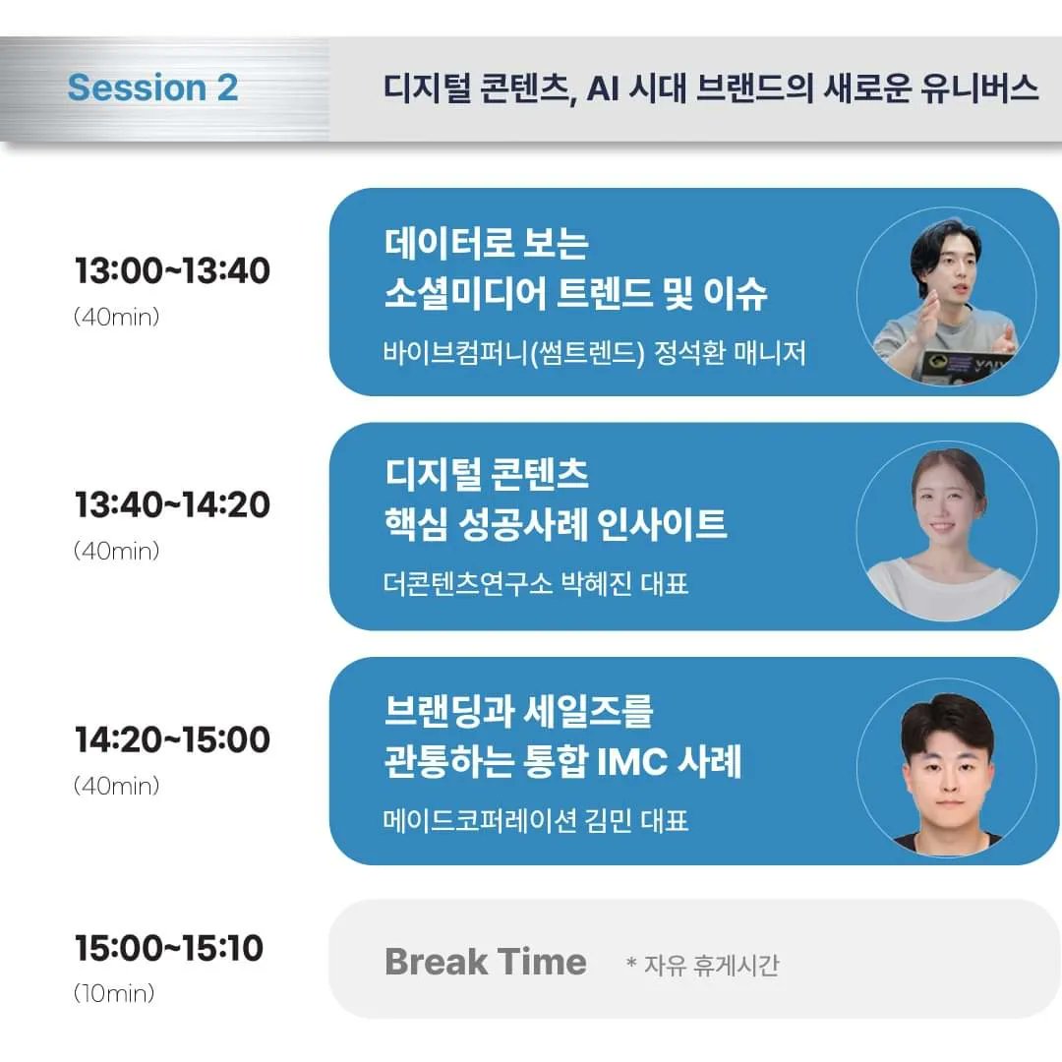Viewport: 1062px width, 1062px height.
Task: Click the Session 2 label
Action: [x=152, y=88]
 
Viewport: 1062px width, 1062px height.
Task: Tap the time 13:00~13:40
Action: [x=172, y=270]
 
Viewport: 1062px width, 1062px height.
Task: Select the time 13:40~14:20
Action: [x=172, y=504]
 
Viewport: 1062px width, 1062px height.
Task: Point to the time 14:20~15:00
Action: [x=172, y=739]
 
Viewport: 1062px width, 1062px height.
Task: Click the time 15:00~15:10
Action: [x=169, y=949]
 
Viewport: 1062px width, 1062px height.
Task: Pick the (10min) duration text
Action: [x=114, y=993]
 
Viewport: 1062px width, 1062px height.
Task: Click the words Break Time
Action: [x=485, y=962]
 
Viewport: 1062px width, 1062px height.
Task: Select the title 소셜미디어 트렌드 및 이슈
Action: [x=575, y=293]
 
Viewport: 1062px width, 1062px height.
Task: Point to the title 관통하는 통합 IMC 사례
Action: [x=562, y=762]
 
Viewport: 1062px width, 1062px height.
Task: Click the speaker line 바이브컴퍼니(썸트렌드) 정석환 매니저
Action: [x=594, y=352]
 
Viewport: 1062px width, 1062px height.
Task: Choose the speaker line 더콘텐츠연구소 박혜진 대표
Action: [x=535, y=584]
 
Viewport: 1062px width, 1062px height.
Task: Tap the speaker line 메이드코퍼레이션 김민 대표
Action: [x=535, y=819]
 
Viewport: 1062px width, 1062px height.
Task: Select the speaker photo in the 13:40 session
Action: [x=945, y=531]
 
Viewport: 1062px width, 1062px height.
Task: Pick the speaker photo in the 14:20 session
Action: [x=945, y=765]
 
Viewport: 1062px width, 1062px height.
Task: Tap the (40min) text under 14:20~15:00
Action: [x=116, y=787]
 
